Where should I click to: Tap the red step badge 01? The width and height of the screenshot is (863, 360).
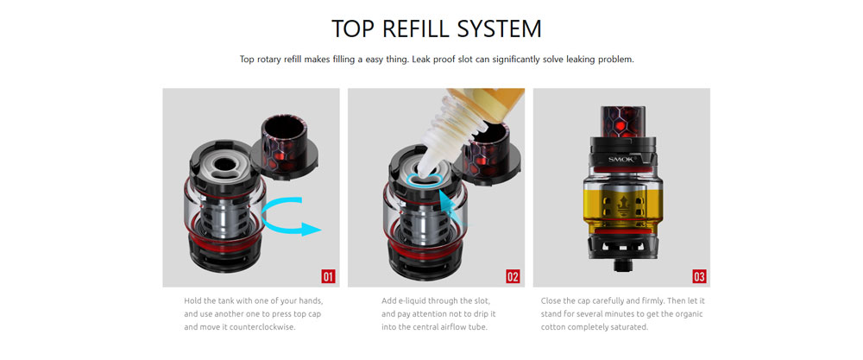tap(328, 276)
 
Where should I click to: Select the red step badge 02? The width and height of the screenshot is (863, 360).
tap(513, 276)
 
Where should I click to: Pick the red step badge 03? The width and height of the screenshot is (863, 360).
tap(699, 276)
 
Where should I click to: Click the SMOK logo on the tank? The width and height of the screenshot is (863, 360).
tap(622, 159)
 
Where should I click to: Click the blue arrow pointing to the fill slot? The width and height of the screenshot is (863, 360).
tap(452, 208)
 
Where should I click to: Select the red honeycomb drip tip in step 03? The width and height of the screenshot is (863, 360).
tap(622, 120)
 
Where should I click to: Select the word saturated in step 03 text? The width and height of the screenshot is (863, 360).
tap(633, 327)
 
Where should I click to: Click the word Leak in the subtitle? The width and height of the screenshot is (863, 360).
tap(421, 59)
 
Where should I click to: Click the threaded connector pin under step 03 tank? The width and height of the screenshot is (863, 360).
tap(622, 266)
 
